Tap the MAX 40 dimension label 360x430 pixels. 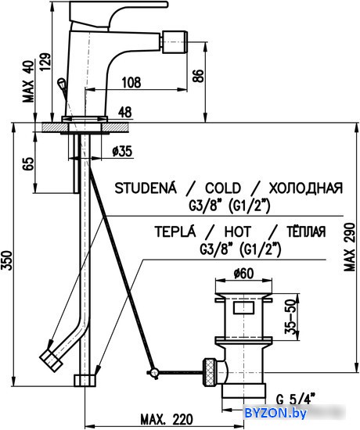point(28,81)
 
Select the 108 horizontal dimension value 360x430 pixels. point(131,82)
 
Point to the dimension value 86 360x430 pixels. point(198,76)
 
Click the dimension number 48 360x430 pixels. point(125,112)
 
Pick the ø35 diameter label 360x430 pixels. point(122,152)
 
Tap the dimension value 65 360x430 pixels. point(29,164)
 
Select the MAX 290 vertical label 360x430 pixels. point(350,247)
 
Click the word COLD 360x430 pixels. point(223,188)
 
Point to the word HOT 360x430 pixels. point(238,231)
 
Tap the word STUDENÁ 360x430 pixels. point(146,188)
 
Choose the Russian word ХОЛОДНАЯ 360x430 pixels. point(306,188)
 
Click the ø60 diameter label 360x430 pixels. point(243,274)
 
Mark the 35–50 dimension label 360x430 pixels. point(291,316)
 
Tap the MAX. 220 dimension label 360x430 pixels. point(167,419)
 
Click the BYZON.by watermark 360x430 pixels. point(275,413)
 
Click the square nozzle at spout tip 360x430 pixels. point(175,42)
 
